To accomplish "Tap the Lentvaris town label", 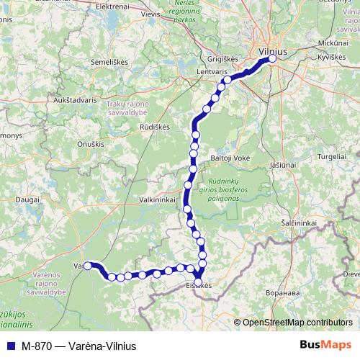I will [211, 73].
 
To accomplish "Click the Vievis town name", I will [151, 14].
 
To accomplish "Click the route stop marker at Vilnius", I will [272, 60].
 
